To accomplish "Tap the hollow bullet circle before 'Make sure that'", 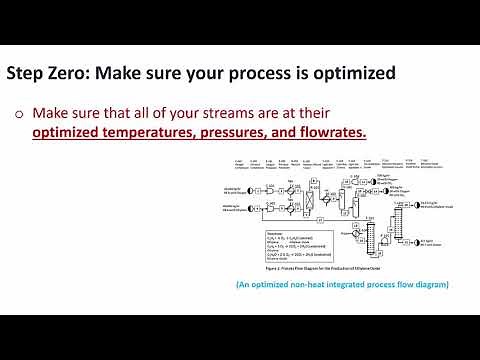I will coord(19,113).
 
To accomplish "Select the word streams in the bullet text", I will coord(225,113).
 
